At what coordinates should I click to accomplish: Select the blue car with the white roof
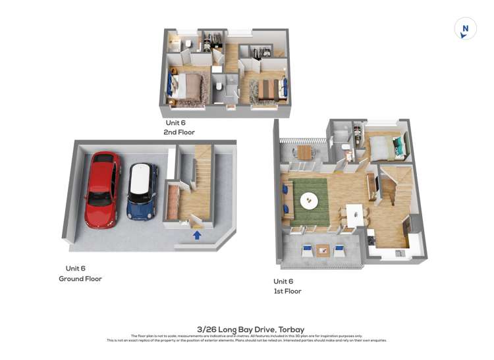[x=142, y=191]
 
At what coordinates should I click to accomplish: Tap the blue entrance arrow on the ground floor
[x=196, y=234]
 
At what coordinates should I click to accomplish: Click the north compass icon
[x=465, y=29]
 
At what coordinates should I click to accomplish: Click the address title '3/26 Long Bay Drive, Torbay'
[x=246, y=328]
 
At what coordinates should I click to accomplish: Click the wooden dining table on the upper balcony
[x=304, y=151]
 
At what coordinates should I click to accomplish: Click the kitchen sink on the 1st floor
[x=399, y=253]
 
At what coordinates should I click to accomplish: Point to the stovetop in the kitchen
[x=371, y=238]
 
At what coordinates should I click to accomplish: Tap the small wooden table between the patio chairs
[x=323, y=249]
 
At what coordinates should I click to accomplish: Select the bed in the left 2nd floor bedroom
[x=189, y=86]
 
